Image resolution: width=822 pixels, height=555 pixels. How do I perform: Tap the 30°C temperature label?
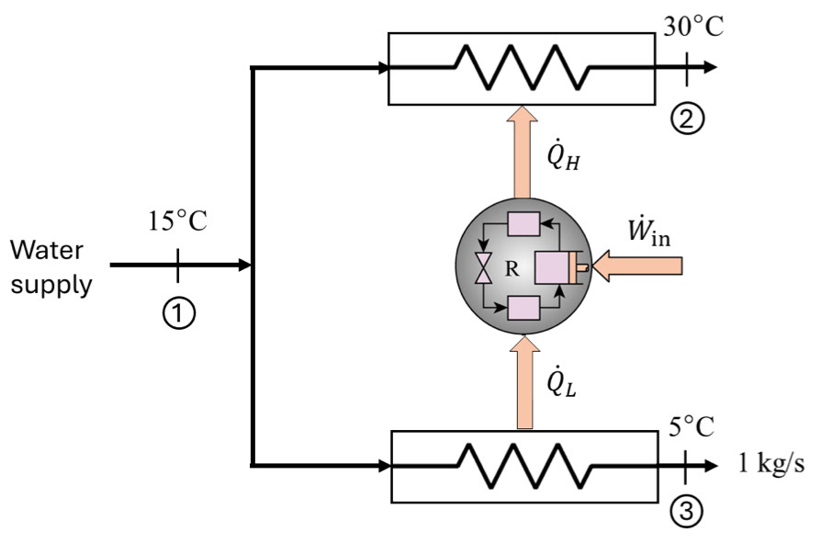tap(693, 26)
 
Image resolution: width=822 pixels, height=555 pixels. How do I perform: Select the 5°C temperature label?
tap(692, 427)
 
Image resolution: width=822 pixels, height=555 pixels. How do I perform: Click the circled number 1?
tap(178, 314)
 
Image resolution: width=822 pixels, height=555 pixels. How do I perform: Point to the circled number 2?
tap(687, 119)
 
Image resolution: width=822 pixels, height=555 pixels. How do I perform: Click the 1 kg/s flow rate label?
tap(772, 463)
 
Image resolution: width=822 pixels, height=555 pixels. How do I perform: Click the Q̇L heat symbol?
tap(561, 379)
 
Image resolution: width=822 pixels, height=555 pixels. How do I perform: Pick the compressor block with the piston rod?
tap(556, 266)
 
